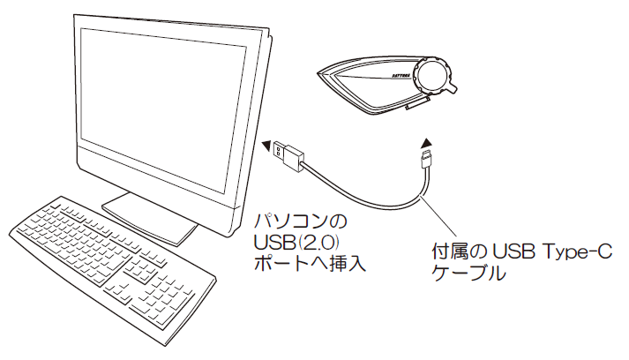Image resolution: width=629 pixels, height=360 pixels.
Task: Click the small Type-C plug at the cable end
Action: (x=427, y=161)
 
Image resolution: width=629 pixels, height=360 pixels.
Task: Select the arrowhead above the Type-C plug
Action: (x=428, y=141)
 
